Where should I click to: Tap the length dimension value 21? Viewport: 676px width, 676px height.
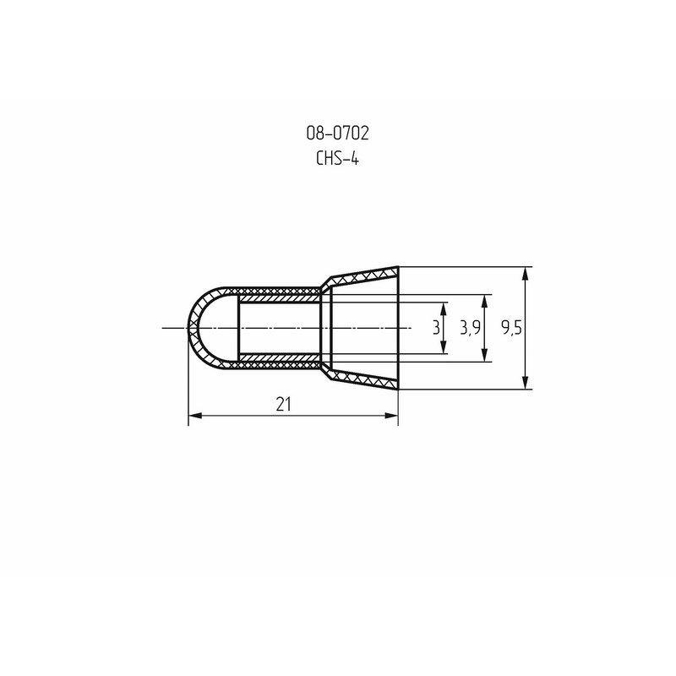pos(283,404)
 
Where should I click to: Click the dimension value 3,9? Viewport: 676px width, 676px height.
pos(470,328)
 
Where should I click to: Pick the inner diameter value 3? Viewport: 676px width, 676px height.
pos(436,328)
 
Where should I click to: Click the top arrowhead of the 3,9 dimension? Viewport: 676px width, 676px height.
pos(485,299)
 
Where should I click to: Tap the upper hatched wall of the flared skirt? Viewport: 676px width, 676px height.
pos(363,275)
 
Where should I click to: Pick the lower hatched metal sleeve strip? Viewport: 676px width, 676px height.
pos(279,358)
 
